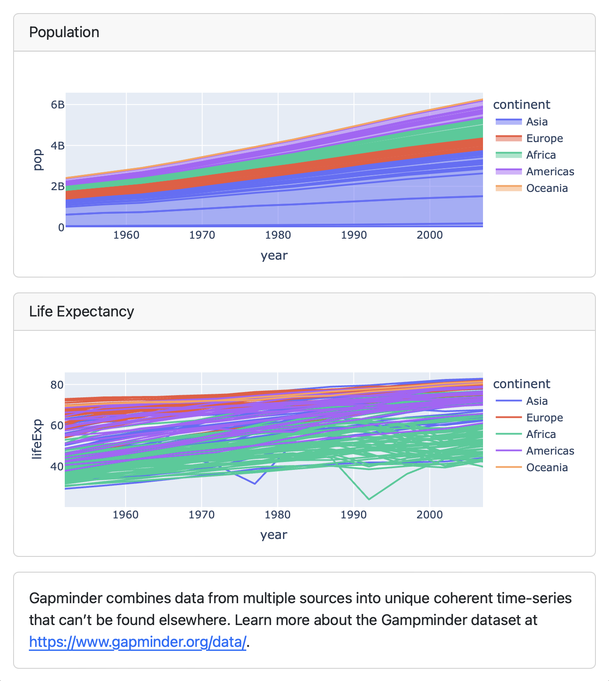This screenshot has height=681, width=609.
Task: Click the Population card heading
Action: point(64,32)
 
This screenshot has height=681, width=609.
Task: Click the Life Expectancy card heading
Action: point(81,312)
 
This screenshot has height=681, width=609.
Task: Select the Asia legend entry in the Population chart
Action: point(536,122)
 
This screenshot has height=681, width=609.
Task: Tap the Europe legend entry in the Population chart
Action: point(544,139)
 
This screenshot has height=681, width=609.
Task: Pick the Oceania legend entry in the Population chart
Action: point(546,188)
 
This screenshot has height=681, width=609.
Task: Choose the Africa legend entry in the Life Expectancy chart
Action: point(540,434)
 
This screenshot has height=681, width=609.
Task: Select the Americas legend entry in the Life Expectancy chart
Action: point(549,451)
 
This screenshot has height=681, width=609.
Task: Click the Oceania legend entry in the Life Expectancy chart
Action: point(546,468)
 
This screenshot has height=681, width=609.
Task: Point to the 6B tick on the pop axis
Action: point(57,105)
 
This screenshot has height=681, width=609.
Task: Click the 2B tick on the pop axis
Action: point(57,187)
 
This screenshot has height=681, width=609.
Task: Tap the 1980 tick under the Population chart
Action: point(278,235)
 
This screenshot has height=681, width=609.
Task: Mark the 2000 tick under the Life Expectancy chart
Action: point(429,515)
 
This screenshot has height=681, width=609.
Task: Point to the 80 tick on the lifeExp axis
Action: point(57,385)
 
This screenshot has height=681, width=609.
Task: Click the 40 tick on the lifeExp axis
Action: point(57,466)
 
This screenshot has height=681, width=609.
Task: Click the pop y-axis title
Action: point(38,160)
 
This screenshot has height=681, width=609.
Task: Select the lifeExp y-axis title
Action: point(37,439)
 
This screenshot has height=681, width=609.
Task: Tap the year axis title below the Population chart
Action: point(274,256)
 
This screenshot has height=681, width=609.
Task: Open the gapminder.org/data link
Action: point(138,642)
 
